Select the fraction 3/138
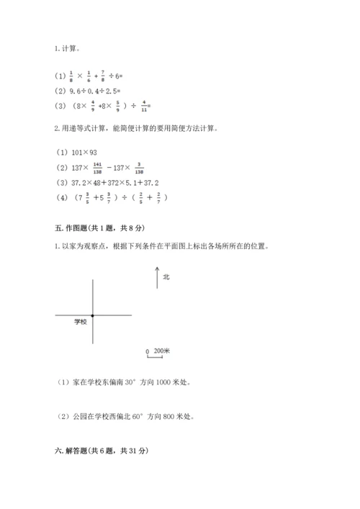click(138, 166)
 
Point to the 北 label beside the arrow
click(166, 276)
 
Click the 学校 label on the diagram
click(80, 322)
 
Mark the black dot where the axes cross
click(93, 315)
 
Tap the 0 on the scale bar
click(147, 352)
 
